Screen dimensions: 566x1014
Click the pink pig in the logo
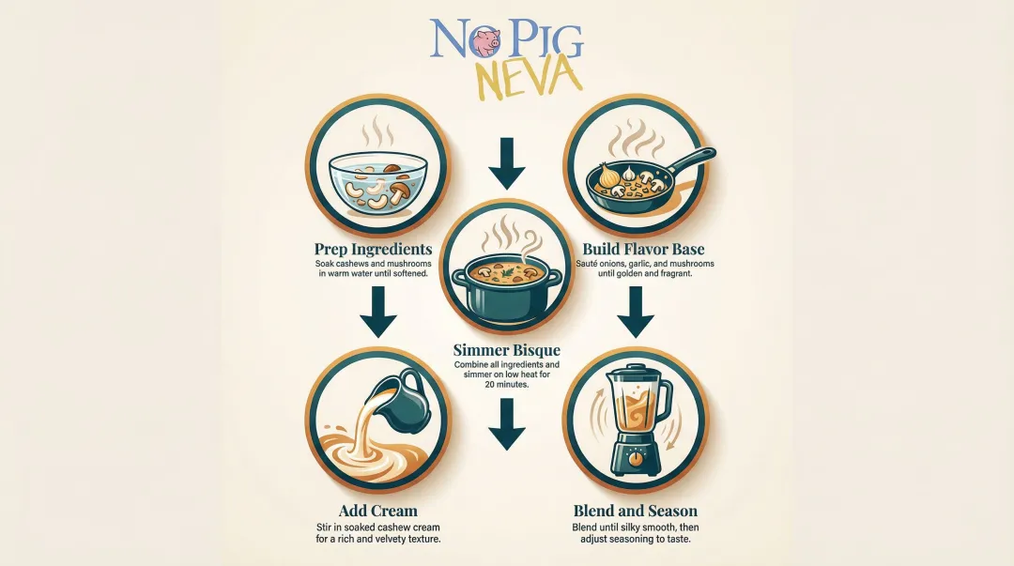point(485,42)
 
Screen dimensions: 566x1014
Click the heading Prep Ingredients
point(374,249)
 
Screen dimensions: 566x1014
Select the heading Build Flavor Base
point(643,249)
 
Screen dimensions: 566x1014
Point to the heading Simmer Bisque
point(506,350)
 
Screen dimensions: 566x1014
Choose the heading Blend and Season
point(635,511)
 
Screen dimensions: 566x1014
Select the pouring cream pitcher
point(401,395)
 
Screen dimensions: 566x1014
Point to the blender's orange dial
point(636,459)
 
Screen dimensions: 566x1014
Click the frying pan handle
point(693,160)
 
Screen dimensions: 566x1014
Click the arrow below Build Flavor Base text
point(636,312)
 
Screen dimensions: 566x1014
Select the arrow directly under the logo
point(506,161)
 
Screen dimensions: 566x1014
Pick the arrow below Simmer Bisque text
point(506,424)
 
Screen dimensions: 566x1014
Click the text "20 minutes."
point(506,385)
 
